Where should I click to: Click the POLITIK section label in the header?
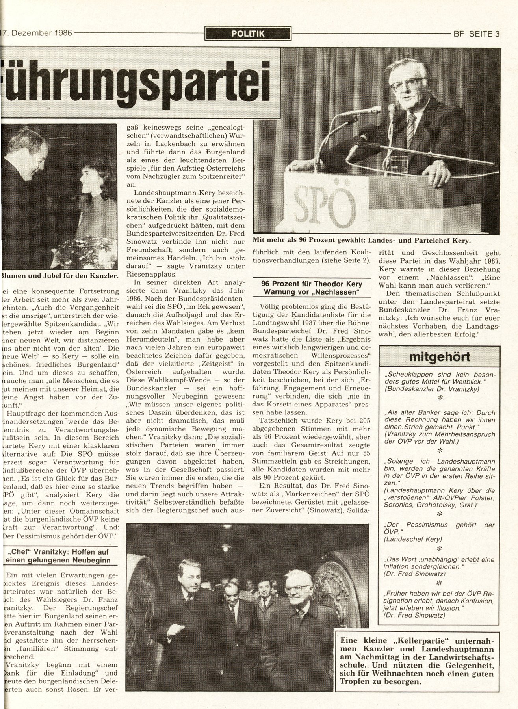[248, 33]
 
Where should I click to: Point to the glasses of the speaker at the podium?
[407, 84]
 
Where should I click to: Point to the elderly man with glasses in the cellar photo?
[299, 591]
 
